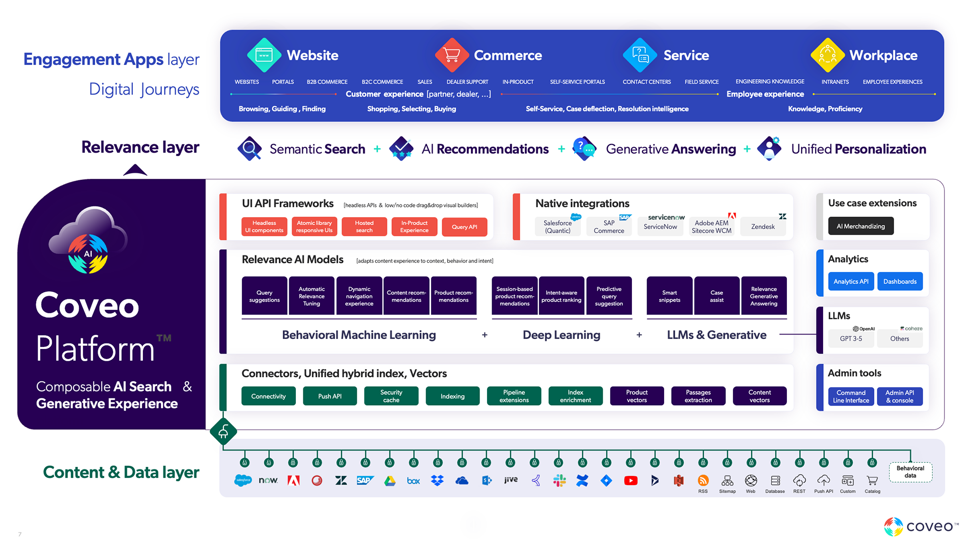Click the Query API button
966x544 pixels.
click(x=464, y=227)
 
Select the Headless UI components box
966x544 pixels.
click(x=264, y=227)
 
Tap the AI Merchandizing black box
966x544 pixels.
click(x=860, y=226)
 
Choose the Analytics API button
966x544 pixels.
click(x=851, y=282)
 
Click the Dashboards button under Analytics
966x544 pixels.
click(x=900, y=282)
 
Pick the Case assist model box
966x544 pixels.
click(x=716, y=296)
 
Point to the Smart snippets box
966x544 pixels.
click(x=669, y=296)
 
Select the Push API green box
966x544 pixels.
click(x=330, y=396)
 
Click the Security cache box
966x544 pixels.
click(x=391, y=396)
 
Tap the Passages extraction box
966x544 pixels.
click(x=698, y=396)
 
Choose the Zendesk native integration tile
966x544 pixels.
click(x=763, y=227)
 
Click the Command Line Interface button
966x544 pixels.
click(x=851, y=396)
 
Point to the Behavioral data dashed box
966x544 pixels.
click(x=910, y=472)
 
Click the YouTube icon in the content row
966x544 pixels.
click(x=630, y=481)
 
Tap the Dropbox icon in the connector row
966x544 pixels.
click(x=437, y=481)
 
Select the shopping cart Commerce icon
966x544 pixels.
click(x=452, y=55)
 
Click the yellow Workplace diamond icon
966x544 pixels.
click(x=827, y=55)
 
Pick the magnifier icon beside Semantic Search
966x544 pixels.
click(x=249, y=149)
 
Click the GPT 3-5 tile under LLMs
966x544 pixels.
click(x=851, y=338)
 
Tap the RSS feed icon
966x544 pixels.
click(x=703, y=481)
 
